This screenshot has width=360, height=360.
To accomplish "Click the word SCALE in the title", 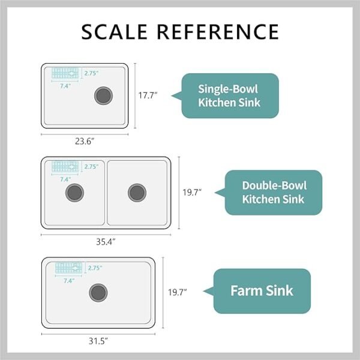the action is point(115,32).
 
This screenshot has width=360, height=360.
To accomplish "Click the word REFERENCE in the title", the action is point(218,32).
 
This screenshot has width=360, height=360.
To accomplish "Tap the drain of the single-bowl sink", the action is point(104,95).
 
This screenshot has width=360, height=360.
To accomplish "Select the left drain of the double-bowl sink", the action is point(74,193).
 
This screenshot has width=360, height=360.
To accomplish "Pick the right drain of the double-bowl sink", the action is point(137,193).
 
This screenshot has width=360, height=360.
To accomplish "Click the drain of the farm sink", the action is point(98,293).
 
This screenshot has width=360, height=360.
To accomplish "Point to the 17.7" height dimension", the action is point(148,95).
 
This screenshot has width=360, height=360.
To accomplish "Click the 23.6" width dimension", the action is point(85,141).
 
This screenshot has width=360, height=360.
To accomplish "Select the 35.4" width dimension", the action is point(106,242).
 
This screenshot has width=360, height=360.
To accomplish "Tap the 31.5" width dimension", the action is point(98,341).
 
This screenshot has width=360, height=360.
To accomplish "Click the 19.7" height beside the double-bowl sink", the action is point(192,193).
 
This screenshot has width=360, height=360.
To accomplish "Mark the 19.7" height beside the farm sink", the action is point(178,292).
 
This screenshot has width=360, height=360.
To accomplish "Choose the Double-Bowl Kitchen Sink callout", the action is point(269,193).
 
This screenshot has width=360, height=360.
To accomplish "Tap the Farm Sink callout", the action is point(257,291).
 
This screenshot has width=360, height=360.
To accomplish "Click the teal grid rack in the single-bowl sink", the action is point(65,73).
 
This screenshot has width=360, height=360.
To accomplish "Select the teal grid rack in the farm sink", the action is point(68,268).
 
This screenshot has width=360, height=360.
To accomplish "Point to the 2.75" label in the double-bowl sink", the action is point(91,166).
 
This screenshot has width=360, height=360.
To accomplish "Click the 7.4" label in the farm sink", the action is point(69,281).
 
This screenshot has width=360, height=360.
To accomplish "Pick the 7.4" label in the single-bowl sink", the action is point(65,86).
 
